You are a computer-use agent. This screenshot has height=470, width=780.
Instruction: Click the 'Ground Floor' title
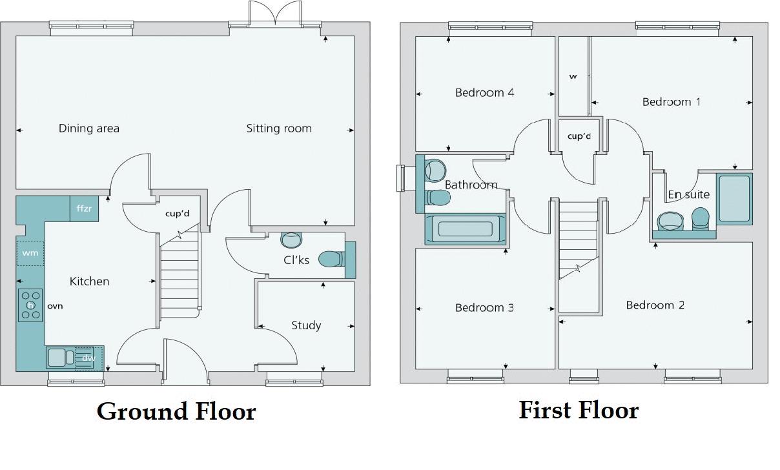click(x=176, y=411)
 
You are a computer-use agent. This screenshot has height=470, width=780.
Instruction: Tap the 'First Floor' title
click(x=578, y=410)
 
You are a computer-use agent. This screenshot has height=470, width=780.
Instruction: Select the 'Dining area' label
click(x=89, y=128)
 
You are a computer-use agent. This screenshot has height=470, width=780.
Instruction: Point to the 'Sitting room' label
click(x=279, y=128)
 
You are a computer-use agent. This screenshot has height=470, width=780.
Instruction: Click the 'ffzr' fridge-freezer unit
click(x=84, y=209)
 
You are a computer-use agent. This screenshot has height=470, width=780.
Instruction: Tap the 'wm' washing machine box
click(x=30, y=253)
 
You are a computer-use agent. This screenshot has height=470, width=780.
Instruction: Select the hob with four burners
click(x=30, y=305)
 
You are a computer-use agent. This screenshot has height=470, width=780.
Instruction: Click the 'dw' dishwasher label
click(x=88, y=358)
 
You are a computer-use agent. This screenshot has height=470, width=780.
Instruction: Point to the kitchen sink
click(x=56, y=357)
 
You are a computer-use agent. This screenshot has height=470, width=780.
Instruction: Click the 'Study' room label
click(x=306, y=325)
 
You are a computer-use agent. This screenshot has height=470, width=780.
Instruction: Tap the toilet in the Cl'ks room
click(x=331, y=259)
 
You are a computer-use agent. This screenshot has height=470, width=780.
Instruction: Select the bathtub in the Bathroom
click(x=466, y=229)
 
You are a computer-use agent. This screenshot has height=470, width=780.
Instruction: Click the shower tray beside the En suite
click(x=734, y=198)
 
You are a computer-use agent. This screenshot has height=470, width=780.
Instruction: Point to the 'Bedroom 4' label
click(x=484, y=93)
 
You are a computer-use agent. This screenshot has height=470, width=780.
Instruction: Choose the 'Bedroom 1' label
click(x=672, y=102)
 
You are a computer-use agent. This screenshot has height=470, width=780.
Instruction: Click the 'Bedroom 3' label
click(x=484, y=308)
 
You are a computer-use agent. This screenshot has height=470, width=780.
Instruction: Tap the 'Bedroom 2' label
click(x=655, y=305)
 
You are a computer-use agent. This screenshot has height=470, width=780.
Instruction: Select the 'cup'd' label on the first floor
click(x=579, y=136)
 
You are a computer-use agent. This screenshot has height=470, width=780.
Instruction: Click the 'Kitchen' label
click(x=89, y=281)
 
